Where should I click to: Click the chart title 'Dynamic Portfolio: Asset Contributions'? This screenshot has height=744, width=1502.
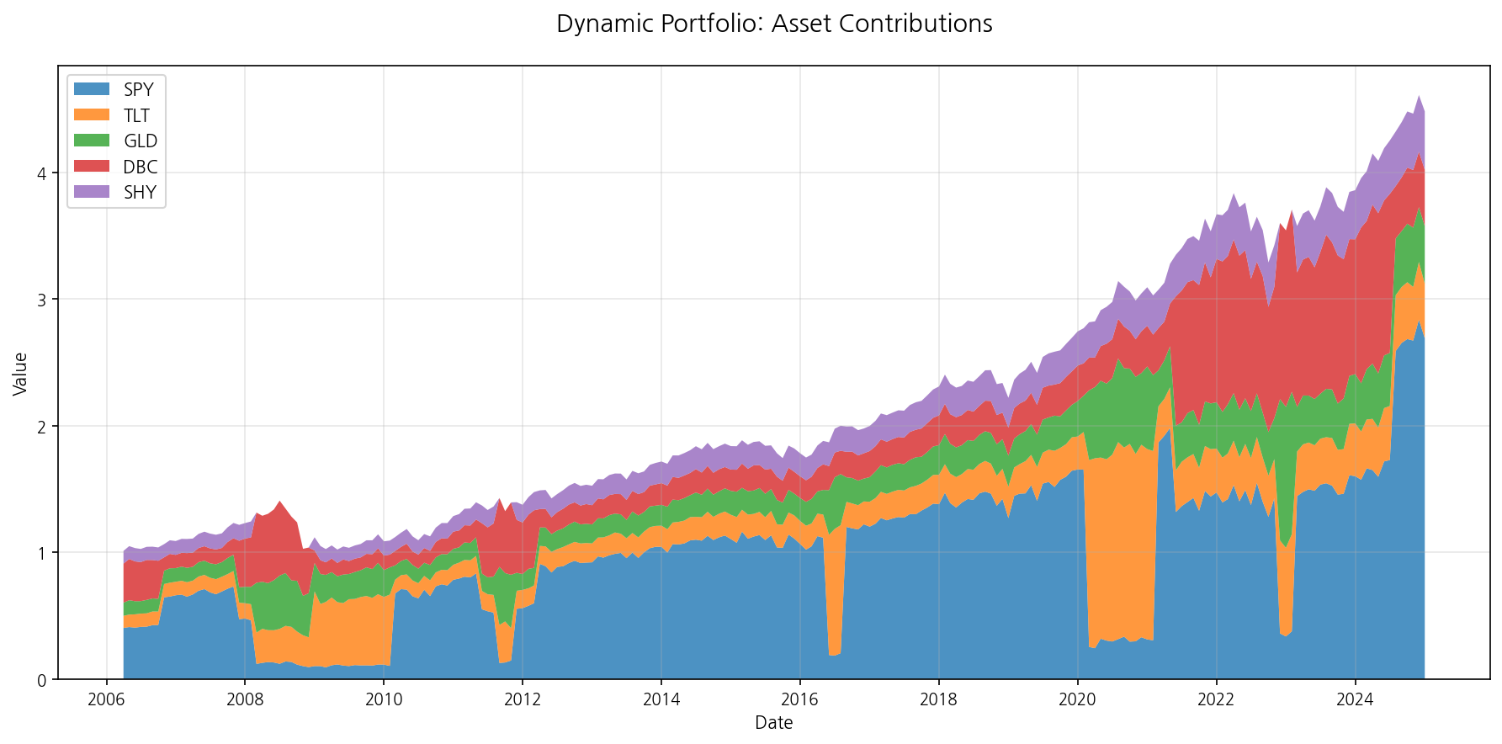point(774,24)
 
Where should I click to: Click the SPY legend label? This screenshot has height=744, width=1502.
point(139,90)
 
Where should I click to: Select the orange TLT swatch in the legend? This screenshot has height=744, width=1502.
point(92,115)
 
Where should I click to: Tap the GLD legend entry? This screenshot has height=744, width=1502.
point(140,141)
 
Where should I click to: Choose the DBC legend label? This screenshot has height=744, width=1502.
point(140,167)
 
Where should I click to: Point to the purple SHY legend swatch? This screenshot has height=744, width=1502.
point(92,192)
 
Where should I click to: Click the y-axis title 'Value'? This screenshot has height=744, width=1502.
point(21,374)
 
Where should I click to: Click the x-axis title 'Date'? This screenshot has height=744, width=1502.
point(773,723)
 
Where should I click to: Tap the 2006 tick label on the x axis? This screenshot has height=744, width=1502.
point(106,699)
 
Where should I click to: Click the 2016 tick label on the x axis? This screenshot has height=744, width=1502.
point(799,699)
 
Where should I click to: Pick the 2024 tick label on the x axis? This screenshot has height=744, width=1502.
point(1355,699)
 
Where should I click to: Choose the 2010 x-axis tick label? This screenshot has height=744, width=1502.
point(384,699)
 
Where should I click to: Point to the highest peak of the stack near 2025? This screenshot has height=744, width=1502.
point(1419,98)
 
